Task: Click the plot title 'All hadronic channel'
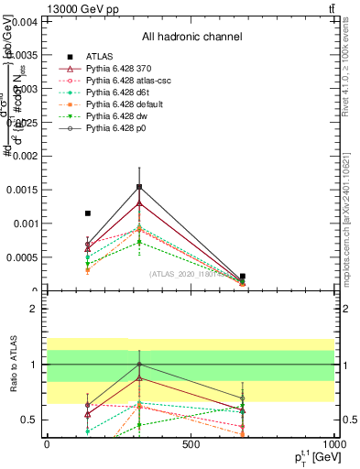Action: click(x=191, y=37)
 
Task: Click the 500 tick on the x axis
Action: click(x=191, y=444)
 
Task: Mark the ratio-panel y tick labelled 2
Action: click(x=32, y=309)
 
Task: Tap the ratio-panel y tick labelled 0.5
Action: click(x=27, y=420)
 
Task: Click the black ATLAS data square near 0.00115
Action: click(x=88, y=213)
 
